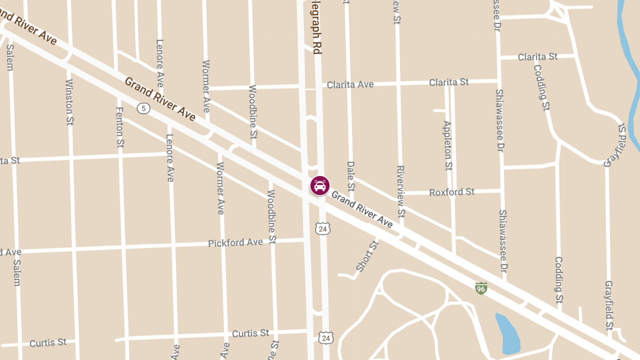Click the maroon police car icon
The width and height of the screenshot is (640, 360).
(320, 186)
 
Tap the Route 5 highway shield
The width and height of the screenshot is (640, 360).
(143, 108)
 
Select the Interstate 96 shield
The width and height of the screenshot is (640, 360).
(481, 289)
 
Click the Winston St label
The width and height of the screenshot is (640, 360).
(69, 102)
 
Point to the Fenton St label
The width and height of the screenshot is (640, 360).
(120, 127)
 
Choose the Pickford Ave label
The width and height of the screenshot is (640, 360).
(235, 243)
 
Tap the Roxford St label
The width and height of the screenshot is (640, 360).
(452, 192)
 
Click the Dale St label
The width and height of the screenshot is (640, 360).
(350, 177)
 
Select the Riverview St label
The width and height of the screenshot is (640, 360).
(401, 191)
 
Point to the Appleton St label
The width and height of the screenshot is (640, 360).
(447, 146)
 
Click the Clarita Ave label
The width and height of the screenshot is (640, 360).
(350, 84)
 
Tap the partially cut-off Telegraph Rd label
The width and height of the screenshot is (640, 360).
(317, 27)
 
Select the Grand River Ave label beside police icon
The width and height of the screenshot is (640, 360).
(362, 210)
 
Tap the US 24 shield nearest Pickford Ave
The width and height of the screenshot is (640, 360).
(322, 229)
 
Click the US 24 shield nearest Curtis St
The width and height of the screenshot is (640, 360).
(325, 338)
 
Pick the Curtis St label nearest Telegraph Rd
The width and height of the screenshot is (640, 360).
(251, 333)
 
